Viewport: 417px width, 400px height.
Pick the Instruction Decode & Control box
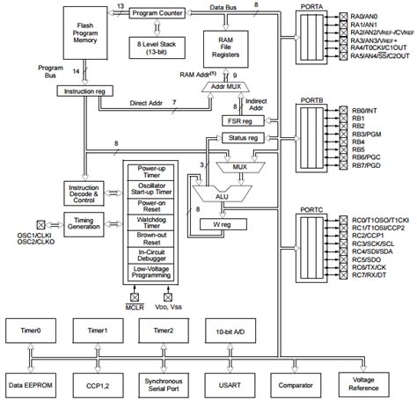click(84, 193)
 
